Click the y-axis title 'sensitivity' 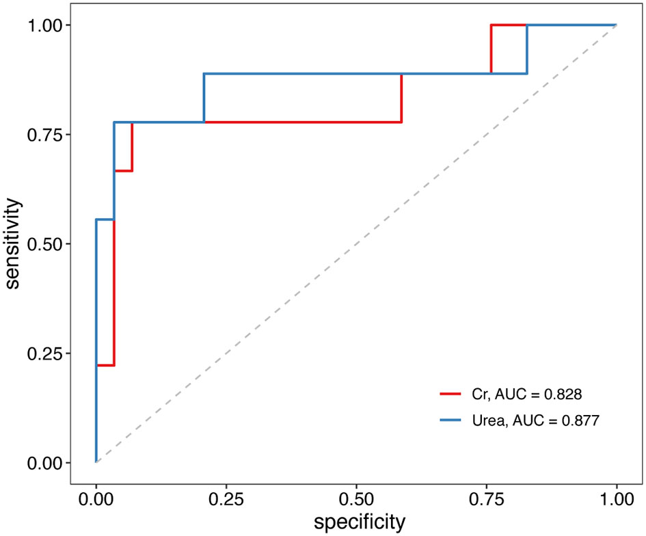click(14, 244)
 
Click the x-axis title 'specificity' click(359, 522)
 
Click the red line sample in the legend click(451, 394)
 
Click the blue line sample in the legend click(451, 421)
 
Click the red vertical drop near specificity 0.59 click(401, 98)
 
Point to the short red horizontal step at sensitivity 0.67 click(123, 171)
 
